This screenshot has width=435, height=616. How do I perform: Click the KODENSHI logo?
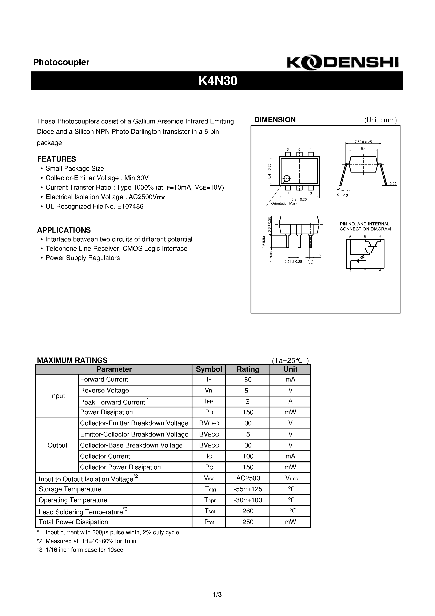343,63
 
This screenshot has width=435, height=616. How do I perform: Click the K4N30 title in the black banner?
217,81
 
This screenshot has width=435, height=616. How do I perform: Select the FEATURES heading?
57,159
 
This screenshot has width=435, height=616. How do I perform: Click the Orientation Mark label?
284,203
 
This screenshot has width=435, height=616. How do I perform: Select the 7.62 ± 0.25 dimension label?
363,142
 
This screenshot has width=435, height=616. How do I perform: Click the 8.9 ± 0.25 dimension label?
299,199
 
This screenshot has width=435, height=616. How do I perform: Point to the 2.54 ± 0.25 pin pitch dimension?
293,261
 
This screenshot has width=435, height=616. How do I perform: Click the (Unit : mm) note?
380,120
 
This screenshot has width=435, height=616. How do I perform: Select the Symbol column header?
209,369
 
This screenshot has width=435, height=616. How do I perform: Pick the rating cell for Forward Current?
248,380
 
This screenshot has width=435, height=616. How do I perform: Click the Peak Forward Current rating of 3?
248,402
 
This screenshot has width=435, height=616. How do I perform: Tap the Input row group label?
57,396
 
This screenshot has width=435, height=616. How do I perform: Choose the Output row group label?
57,445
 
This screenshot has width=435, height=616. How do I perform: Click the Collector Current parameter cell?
105,456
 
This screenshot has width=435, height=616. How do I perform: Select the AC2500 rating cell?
248,478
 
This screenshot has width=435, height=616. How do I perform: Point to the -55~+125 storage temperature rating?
248,489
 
